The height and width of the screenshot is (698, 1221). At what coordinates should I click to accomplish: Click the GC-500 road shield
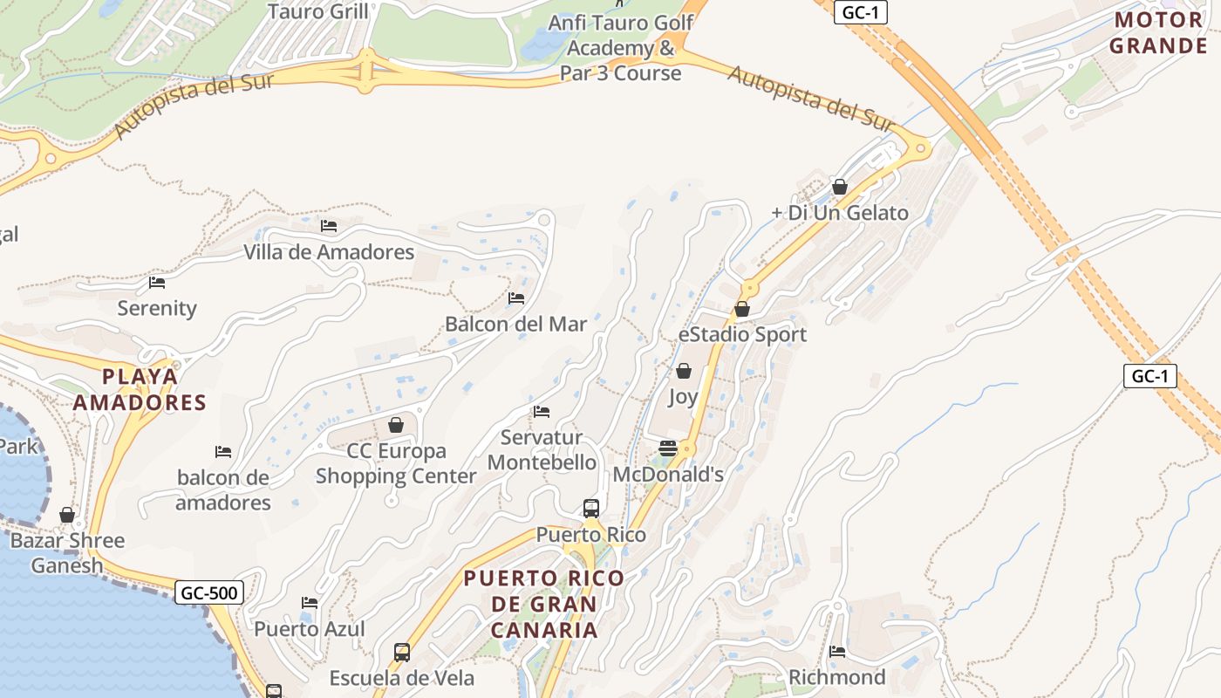(209, 593)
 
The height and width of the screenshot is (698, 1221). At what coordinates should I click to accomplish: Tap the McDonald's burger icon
(668, 448)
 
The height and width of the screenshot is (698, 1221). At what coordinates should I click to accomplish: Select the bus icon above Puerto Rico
(591, 508)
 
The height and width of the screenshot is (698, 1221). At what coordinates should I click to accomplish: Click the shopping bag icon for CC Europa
(396, 425)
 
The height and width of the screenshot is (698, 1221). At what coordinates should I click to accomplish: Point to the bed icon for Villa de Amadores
(329, 226)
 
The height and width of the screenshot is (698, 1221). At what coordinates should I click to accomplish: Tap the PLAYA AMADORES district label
(140, 389)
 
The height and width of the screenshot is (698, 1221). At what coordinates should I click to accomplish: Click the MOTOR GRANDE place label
(1158, 33)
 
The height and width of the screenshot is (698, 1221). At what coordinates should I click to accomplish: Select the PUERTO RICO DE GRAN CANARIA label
(544, 604)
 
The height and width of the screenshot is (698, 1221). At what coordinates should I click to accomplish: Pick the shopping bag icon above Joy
(684, 371)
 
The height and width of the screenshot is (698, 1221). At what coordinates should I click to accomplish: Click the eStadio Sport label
(743, 334)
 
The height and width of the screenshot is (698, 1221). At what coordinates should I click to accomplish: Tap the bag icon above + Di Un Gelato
(840, 187)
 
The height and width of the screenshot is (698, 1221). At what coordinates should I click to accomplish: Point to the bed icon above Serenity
(157, 282)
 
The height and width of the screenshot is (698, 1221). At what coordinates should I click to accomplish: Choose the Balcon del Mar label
(516, 324)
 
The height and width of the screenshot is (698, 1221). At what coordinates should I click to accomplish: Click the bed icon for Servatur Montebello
(542, 412)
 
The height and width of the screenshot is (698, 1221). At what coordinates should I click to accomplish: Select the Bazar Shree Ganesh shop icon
(67, 515)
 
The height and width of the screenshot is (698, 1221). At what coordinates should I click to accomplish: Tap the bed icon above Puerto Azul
(310, 603)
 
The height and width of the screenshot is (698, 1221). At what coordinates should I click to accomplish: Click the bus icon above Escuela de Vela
(402, 652)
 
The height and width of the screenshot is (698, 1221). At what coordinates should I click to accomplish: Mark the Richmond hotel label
(837, 677)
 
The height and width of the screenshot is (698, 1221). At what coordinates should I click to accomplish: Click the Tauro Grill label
(317, 11)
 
